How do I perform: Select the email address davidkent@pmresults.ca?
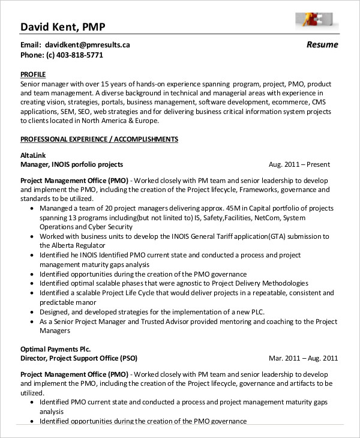(x=86, y=44)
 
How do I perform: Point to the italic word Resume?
(x=322, y=44)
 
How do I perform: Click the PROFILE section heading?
(x=34, y=75)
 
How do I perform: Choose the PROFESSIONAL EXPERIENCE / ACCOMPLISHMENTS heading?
(x=99, y=139)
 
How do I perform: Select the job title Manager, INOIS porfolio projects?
(x=72, y=164)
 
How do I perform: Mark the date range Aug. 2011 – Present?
(x=299, y=164)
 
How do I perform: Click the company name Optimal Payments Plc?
(x=56, y=349)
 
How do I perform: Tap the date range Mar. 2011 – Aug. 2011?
(x=303, y=358)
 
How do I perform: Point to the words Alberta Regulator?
(x=68, y=246)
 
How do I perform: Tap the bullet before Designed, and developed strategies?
(x=31, y=312)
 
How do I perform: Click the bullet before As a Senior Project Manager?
(x=31, y=322)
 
